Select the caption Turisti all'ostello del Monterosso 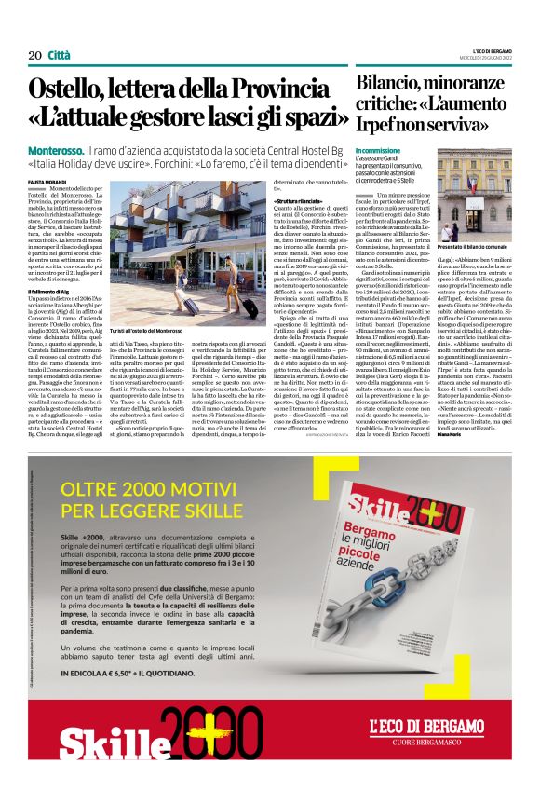[x=172, y=305]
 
